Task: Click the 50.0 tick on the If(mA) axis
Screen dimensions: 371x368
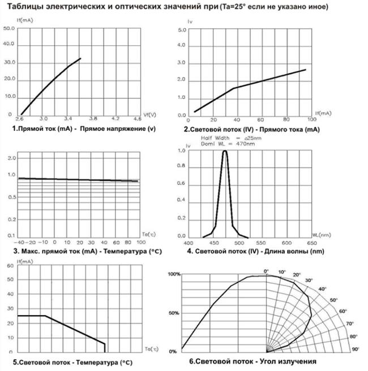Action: (8, 28)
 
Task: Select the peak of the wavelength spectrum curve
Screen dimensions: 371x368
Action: (225, 151)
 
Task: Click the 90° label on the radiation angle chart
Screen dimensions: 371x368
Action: (356, 350)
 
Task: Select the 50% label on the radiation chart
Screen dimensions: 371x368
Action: (174, 312)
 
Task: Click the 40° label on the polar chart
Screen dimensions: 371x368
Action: (322, 290)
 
